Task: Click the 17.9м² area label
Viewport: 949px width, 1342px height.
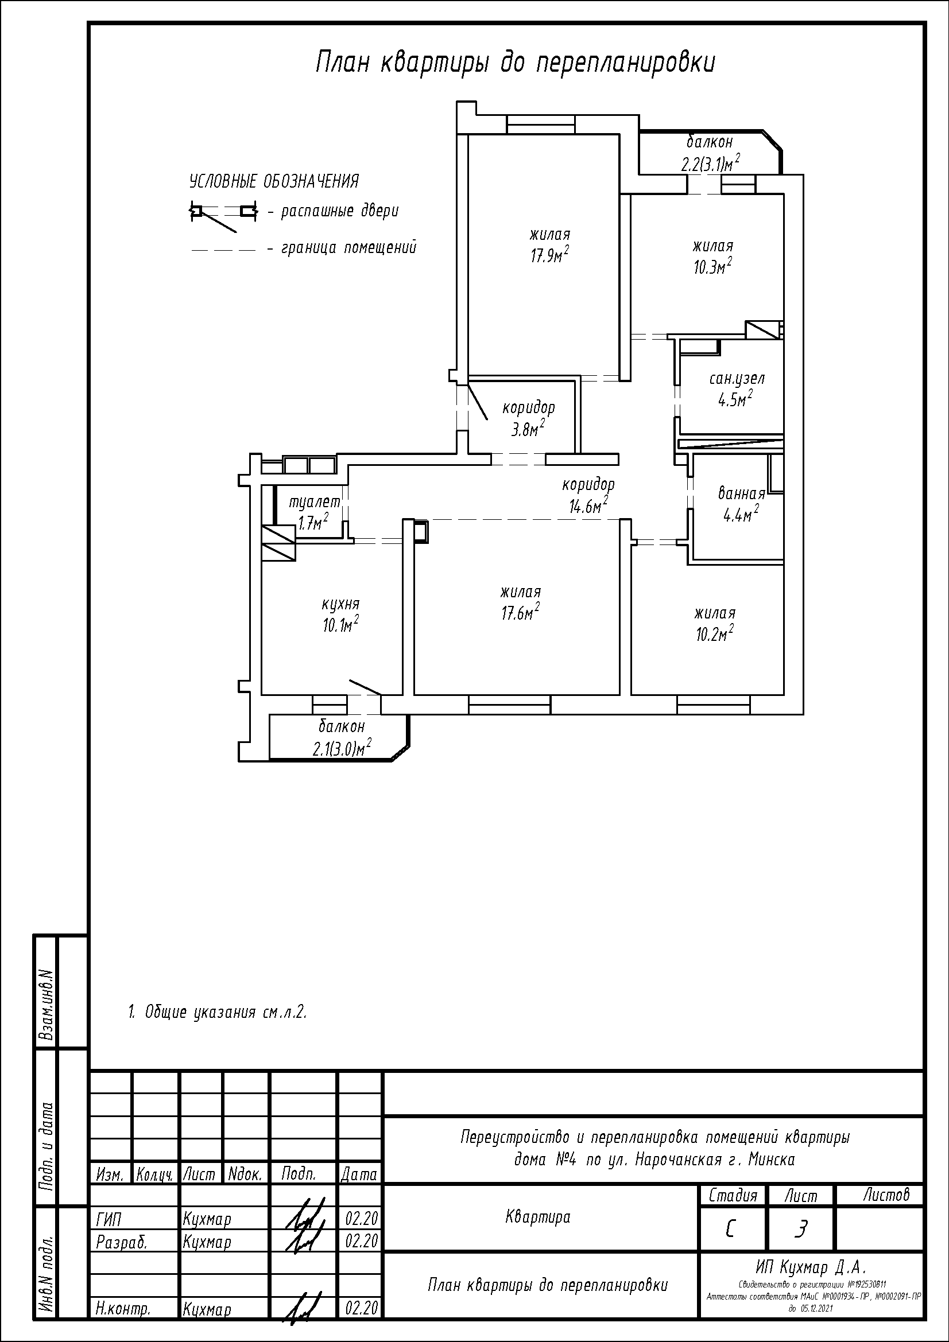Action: pos(549,255)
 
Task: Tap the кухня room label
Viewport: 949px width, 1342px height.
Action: pos(340,603)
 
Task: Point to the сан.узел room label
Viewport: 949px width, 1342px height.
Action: pos(737,379)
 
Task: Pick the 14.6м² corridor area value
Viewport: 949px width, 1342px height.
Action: pos(588,505)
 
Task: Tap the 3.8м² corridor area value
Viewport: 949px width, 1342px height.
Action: pos(528,429)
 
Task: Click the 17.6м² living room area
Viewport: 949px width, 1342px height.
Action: pos(520,613)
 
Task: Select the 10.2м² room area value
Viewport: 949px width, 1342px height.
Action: pos(715,633)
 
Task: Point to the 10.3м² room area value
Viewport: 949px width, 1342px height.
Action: pos(713,267)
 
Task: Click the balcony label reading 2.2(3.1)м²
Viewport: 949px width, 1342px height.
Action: pos(711,163)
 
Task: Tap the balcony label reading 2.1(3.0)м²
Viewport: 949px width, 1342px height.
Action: pos(343,748)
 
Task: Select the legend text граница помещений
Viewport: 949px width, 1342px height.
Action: pos(349,248)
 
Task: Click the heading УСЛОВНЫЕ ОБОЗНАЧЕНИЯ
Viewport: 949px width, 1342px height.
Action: pos(274,181)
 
